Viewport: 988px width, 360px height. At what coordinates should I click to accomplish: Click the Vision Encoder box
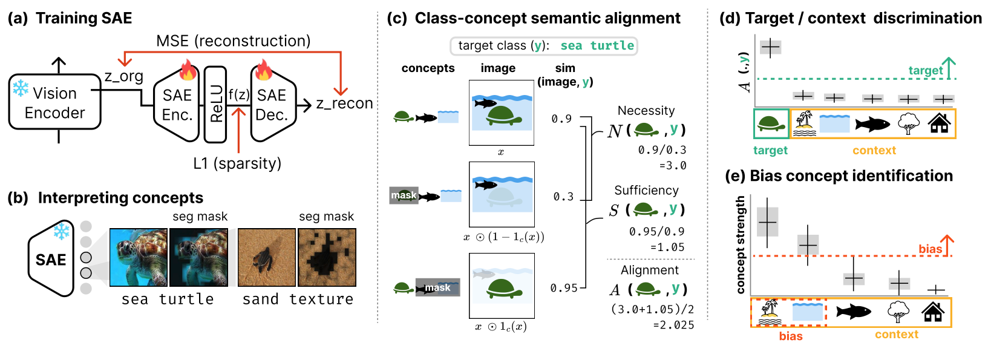(54, 102)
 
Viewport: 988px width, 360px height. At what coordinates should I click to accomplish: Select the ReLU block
(215, 104)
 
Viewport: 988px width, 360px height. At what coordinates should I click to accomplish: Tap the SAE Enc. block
(177, 104)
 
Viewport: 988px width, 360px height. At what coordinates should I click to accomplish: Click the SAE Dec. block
(272, 104)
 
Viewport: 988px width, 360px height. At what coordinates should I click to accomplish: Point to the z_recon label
(344, 103)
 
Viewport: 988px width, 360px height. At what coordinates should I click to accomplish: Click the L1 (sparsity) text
(237, 163)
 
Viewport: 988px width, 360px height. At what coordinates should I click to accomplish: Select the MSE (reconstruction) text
(233, 41)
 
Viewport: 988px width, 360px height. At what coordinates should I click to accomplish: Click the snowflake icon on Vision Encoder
(21, 88)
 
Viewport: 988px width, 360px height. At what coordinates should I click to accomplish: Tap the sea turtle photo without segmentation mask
(139, 257)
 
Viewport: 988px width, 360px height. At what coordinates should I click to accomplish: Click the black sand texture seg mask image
(327, 257)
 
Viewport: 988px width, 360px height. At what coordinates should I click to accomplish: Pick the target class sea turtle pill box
(543, 46)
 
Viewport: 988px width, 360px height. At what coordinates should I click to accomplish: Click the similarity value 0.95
(564, 288)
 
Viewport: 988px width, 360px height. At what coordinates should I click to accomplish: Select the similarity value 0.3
(563, 197)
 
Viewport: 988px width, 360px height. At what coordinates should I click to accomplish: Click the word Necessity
(646, 111)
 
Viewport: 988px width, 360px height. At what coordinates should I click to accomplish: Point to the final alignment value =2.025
(673, 325)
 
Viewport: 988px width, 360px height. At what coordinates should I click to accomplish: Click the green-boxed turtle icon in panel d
(771, 124)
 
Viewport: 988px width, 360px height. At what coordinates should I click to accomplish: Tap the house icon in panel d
(939, 123)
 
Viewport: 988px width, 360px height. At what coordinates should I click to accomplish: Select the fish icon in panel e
(854, 312)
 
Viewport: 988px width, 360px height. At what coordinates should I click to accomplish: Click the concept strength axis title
(741, 245)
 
